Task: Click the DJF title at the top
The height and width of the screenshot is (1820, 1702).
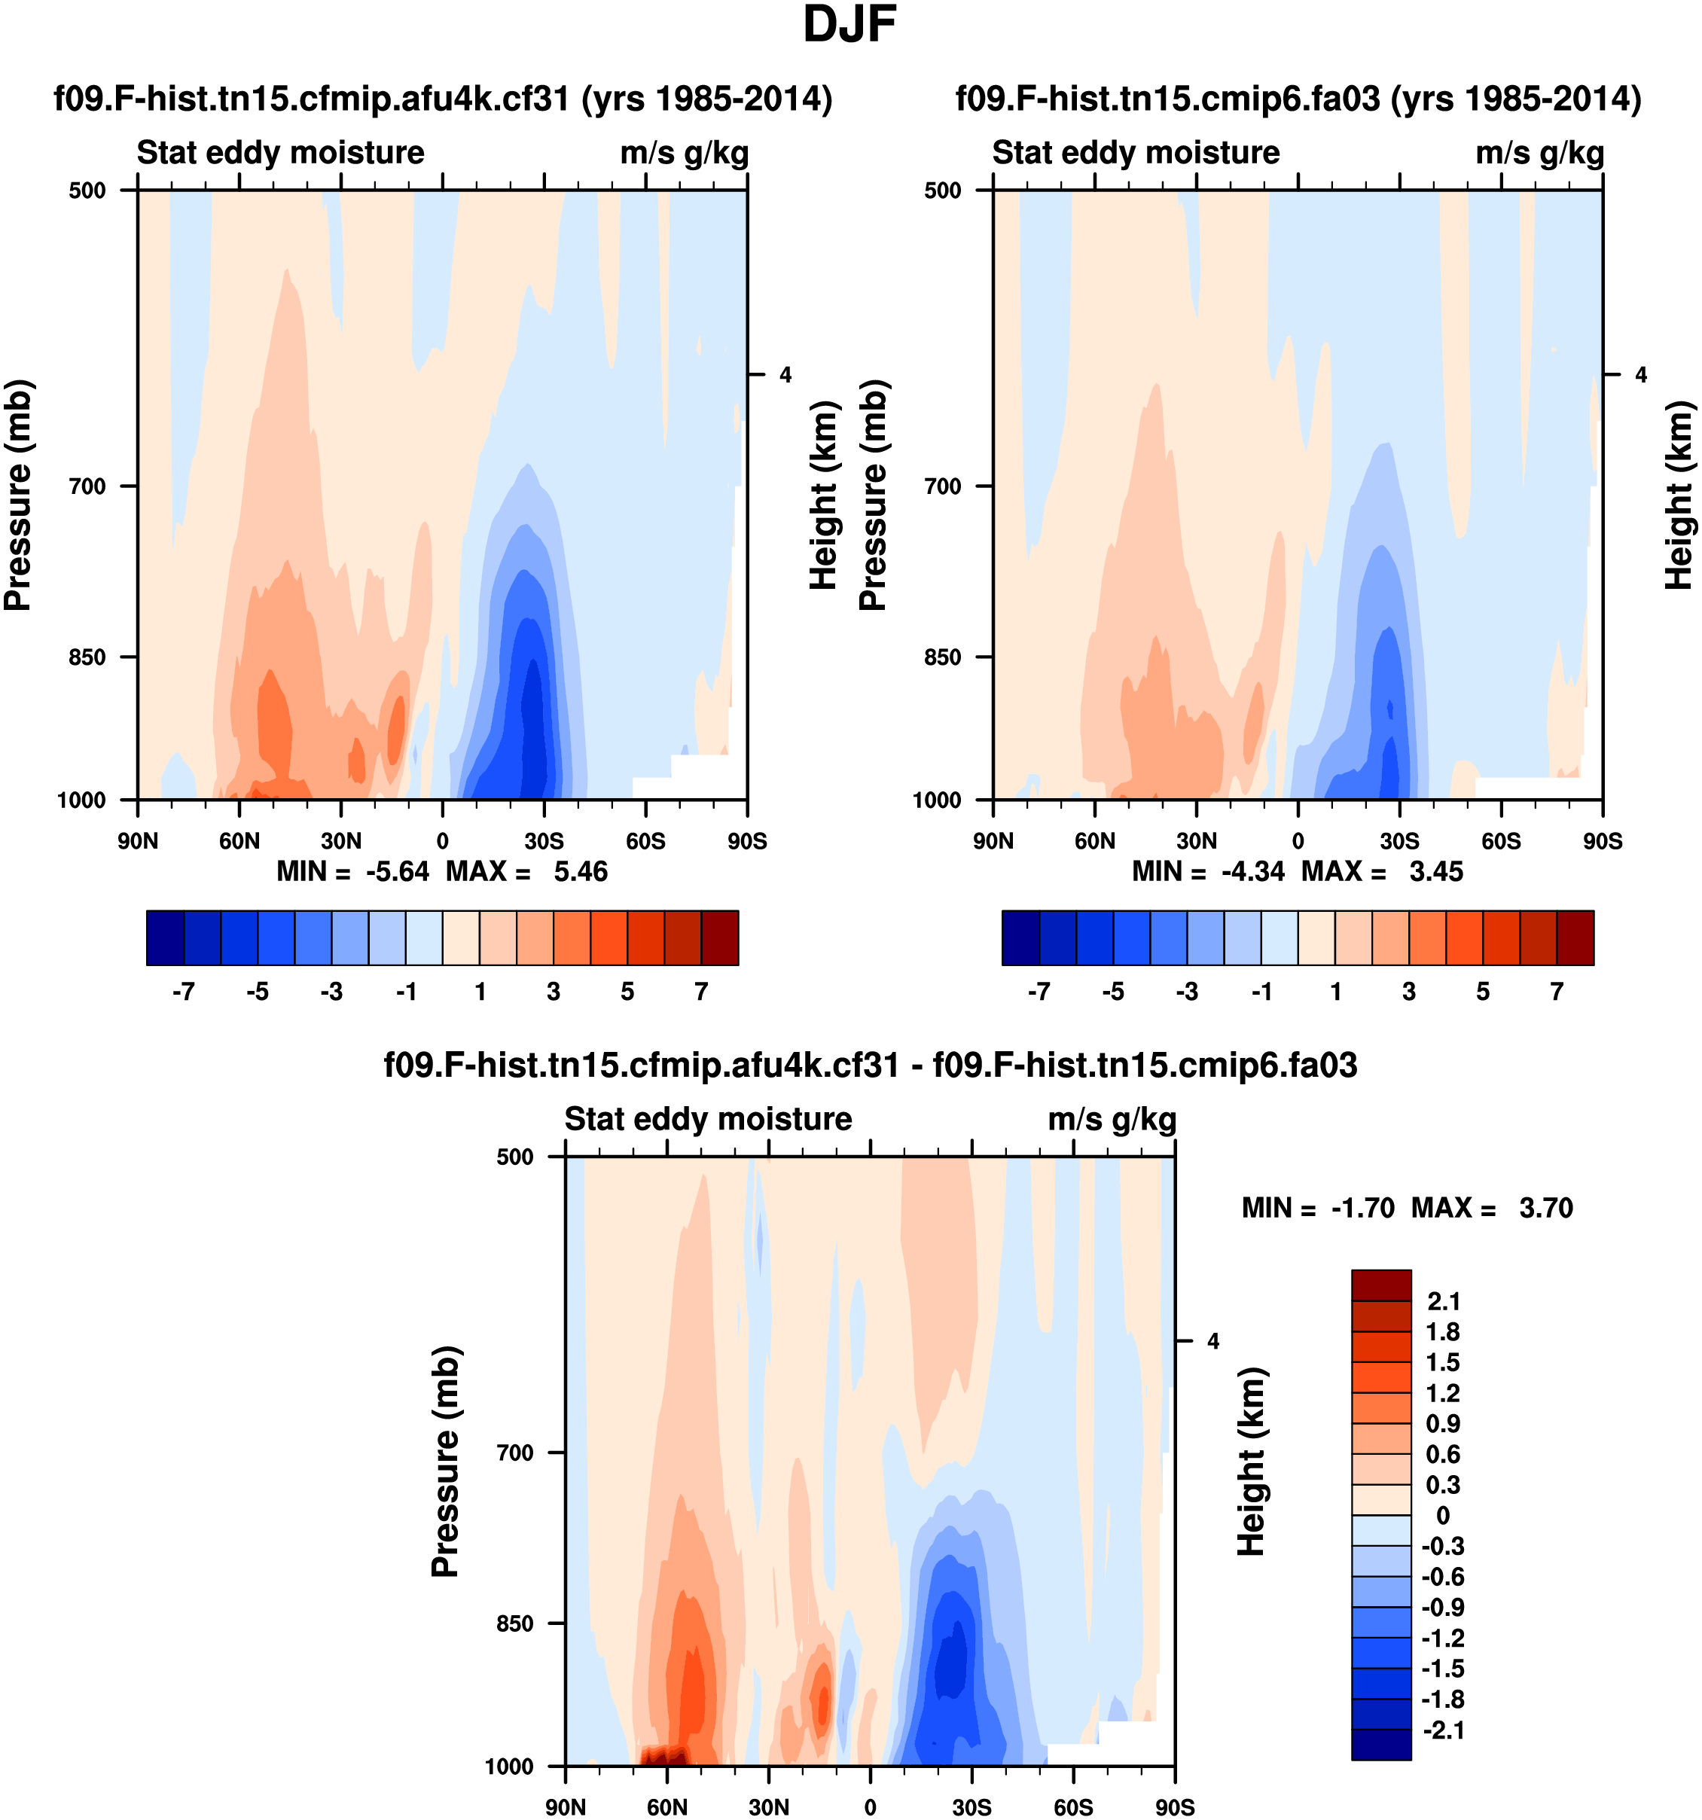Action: click(849, 26)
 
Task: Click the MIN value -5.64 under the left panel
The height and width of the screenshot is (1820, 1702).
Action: click(398, 871)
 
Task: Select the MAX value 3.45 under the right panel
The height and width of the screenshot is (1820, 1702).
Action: click(1435, 871)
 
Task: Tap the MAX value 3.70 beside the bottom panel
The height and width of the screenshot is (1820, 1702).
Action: click(1545, 1209)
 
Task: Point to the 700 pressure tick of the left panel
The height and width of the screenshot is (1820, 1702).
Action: click(88, 486)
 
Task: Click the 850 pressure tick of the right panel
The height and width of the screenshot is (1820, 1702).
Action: click(943, 657)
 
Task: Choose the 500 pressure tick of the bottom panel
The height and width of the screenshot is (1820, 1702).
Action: click(515, 1157)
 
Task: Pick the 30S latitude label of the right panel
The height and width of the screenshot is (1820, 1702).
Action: click(1400, 841)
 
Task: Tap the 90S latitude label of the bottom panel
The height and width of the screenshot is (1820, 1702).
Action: click(1175, 1808)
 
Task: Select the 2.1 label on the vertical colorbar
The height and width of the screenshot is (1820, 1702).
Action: click(1444, 1302)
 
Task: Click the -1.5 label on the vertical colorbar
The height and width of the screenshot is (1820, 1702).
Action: click(1443, 1668)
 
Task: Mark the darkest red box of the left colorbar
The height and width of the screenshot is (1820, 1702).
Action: click(720, 937)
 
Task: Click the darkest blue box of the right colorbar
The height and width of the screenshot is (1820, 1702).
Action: click(1021, 937)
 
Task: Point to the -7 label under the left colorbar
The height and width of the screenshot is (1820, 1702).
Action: click(183, 992)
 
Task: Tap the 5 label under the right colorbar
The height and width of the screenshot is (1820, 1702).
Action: click(1483, 992)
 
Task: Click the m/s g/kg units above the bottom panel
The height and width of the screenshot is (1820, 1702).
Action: click(1112, 1120)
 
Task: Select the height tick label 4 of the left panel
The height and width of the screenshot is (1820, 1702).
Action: click(785, 374)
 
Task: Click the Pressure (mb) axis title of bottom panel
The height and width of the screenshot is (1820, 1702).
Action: click(445, 1462)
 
